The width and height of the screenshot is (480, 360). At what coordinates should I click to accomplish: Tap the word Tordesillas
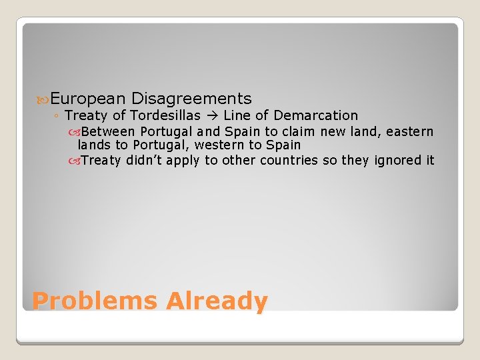165,116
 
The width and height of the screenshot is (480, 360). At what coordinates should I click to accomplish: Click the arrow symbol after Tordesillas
211,116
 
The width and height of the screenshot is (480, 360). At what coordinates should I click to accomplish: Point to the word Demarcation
315,116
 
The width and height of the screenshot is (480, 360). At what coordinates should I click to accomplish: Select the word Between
108,132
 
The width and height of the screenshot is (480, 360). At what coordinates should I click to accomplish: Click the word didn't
144,160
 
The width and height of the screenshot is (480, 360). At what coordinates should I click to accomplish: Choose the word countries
289,160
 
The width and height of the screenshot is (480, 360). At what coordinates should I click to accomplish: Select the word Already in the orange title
217,301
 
